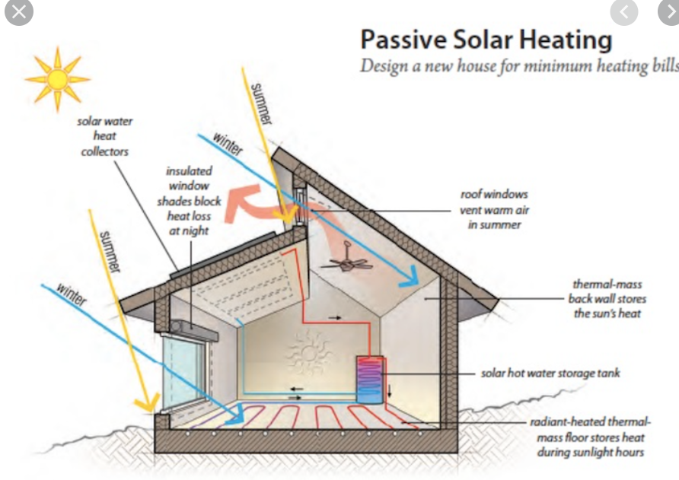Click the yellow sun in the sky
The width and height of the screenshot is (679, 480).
pos(57,78)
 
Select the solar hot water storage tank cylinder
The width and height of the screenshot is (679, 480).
pos(369,379)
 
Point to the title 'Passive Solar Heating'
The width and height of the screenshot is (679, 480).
pos(486,40)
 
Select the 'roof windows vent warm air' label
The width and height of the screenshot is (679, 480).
pos(494,209)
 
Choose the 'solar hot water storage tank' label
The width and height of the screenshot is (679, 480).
pos(550,374)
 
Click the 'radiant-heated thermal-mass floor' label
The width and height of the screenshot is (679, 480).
pos(591,437)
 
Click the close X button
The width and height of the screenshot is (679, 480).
pos(18,13)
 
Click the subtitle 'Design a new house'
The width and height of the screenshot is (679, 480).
pos(518,65)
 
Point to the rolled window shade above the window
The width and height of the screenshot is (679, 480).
pos(188,328)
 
